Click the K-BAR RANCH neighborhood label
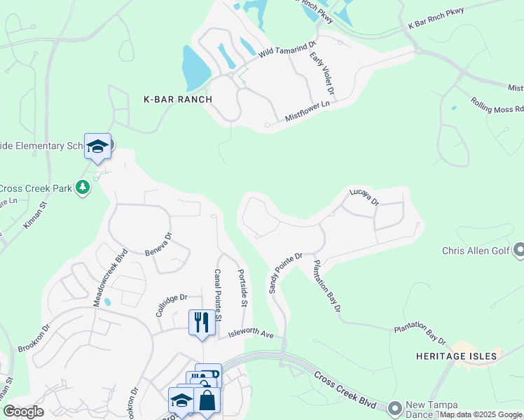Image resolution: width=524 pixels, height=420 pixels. coord(177,99)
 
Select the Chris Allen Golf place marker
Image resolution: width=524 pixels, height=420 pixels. coord(519,250)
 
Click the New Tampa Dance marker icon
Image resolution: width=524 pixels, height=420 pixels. coord(395,407)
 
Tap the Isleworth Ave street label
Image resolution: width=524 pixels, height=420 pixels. coord(250,335)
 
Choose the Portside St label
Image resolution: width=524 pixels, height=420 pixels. coord(243,288)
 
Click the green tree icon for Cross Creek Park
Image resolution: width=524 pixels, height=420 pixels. coord(83,187)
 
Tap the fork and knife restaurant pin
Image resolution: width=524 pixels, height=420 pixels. coord(202,322)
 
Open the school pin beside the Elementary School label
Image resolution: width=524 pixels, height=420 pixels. coord(97,146)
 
